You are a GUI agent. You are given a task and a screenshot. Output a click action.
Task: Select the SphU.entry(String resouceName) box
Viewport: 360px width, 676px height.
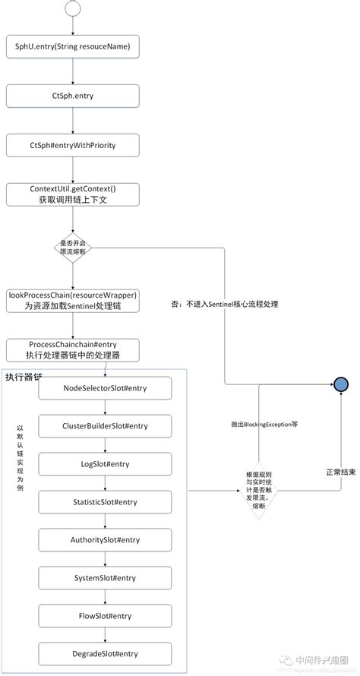coord(73,47)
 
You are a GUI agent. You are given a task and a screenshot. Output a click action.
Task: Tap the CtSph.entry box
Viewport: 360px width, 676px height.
coord(73,96)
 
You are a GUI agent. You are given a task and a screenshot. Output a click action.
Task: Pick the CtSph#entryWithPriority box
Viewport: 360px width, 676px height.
coord(73,144)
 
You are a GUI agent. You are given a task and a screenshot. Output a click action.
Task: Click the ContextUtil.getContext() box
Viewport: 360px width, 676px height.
coord(73,194)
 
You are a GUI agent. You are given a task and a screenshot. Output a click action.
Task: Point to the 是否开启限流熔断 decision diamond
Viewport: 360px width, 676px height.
coord(73,247)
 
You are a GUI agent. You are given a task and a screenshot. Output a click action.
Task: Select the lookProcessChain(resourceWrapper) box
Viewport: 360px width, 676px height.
coord(73,300)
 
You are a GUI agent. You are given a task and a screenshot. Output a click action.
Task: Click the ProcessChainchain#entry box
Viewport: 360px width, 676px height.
coord(73,349)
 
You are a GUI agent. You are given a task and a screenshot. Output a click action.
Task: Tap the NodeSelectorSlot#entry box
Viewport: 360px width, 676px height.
coord(106,388)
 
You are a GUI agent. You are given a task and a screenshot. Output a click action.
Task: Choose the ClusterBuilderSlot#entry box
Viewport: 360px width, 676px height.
coord(106,426)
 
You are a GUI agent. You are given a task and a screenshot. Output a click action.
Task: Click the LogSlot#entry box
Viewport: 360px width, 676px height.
coord(106,464)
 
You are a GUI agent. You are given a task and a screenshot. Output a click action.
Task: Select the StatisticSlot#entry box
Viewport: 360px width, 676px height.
coord(106,502)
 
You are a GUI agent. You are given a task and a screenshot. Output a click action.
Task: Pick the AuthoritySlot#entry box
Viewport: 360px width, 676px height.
coord(106,540)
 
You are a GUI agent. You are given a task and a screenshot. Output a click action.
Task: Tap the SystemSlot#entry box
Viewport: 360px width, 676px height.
coord(106,578)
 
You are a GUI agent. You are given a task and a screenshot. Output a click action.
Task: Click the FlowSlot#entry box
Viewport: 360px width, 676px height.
coord(106,615)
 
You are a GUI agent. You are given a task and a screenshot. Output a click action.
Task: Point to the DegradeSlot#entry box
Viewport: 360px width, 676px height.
coord(106,653)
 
